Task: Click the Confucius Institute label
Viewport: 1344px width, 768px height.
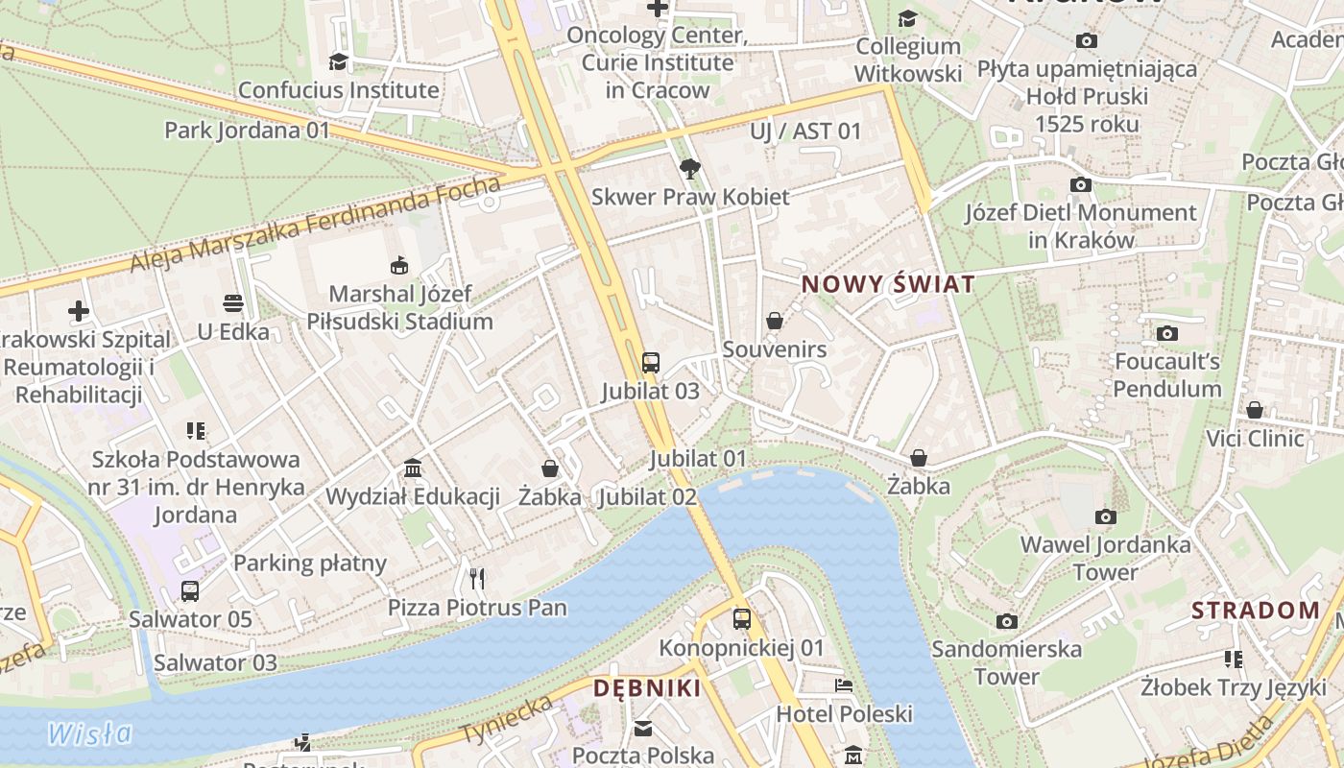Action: coord(338,90)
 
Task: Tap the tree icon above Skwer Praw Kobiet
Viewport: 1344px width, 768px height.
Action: coord(689,170)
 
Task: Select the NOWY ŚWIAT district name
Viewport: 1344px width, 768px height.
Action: coord(888,284)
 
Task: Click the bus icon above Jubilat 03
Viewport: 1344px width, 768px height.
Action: coord(651,363)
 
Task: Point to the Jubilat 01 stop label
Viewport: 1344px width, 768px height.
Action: coord(697,459)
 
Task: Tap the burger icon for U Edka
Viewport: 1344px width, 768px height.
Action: coord(232,304)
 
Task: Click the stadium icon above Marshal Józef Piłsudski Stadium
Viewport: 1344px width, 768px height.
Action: coord(399,266)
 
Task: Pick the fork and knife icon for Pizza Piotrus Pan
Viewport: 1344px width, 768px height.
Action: coord(477,578)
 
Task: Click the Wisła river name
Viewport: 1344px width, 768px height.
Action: coord(90,734)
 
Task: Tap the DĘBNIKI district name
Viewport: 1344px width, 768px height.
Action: coord(646,688)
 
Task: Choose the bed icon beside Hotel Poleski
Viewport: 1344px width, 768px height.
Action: coord(843,685)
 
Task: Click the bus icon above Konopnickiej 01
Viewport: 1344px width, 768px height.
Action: coord(741,619)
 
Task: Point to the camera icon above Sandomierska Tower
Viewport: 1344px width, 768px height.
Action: coord(1006,621)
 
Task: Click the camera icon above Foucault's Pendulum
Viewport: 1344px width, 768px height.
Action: coord(1166,334)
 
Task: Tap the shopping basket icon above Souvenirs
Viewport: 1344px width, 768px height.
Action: coord(775,321)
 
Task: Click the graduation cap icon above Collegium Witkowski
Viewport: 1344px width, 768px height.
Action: coord(907,18)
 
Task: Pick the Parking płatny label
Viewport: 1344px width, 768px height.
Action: coord(310,564)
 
